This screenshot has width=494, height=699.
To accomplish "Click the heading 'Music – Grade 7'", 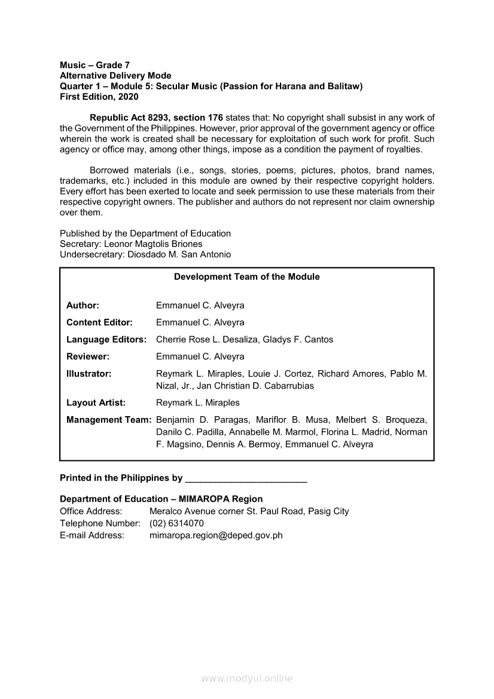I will click(x=95, y=65).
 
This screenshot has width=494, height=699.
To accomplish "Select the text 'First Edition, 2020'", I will click(x=99, y=97).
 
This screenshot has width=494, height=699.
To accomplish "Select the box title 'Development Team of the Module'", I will click(x=247, y=277).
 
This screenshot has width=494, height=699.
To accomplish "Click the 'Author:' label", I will click(x=83, y=306).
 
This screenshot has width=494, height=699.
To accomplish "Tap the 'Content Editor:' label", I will click(x=99, y=322).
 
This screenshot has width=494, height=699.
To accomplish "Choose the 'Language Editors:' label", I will click(x=106, y=340).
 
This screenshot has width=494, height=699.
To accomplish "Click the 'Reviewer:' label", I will click(x=88, y=356).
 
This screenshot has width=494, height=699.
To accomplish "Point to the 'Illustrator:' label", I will click(x=89, y=374).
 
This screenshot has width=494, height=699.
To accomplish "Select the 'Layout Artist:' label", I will click(x=96, y=402).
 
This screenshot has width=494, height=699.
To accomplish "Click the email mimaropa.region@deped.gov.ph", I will click(x=216, y=535).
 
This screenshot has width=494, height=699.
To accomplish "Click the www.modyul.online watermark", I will click(x=247, y=679).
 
